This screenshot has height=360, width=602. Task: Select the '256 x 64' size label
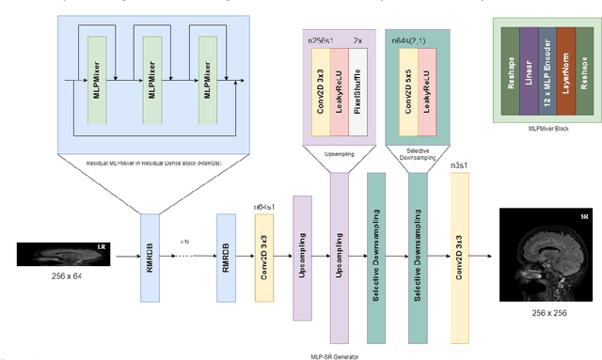pos(64,277)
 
